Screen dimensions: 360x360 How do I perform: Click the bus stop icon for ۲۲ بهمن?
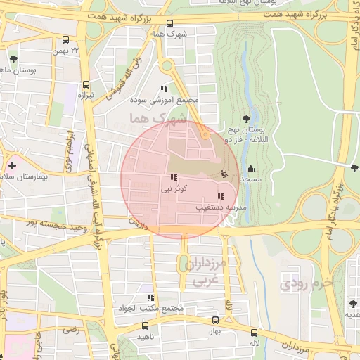pyautogui.click(x=66, y=40)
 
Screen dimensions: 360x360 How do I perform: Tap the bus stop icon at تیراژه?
pyautogui.click(x=86, y=82)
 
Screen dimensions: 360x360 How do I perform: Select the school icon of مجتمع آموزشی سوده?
pyautogui.click(x=164, y=89)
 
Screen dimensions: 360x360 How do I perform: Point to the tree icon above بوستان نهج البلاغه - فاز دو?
pyautogui.click(x=245, y=119)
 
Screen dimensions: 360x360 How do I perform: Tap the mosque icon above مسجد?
pyautogui.click(x=251, y=168)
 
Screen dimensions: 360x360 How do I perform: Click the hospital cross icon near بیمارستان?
pyautogui.click(x=12, y=165)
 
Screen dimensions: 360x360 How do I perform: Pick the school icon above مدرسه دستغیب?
pyautogui.click(x=221, y=196)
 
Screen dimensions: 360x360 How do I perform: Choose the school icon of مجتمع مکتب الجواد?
pyautogui.click(x=150, y=298)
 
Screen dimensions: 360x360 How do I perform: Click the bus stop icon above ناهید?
pyautogui.click(x=146, y=326)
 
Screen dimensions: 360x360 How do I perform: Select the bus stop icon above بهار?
pyautogui.click(x=216, y=319)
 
